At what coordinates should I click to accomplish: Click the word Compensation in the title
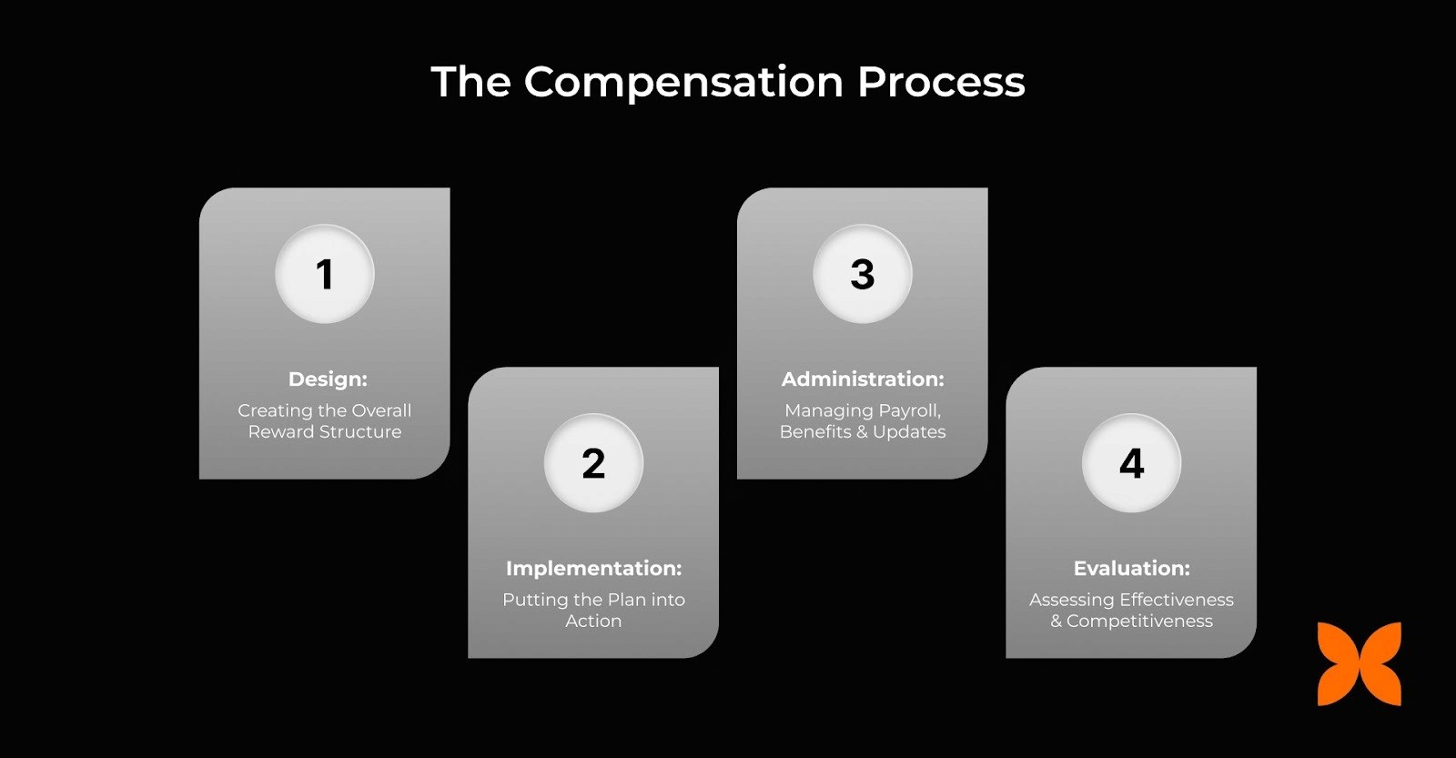point(684,83)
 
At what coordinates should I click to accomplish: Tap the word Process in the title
point(941,83)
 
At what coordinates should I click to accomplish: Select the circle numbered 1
point(325,274)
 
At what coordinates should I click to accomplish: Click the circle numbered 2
point(593,463)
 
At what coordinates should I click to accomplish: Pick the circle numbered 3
point(863,274)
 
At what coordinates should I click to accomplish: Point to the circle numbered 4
point(1131,463)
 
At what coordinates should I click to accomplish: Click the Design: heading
point(328,379)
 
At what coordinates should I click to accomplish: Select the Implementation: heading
point(593,568)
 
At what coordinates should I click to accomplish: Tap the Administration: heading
point(863,379)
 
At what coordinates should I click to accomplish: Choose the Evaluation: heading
point(1131,568)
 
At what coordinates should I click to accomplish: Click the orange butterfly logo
point(1360,664)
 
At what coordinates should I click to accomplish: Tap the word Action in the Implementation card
point(593,621)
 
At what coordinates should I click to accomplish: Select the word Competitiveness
point(1139,621)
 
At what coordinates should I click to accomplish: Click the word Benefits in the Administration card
point(815,431)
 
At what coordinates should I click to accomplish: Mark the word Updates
point(909,431)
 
